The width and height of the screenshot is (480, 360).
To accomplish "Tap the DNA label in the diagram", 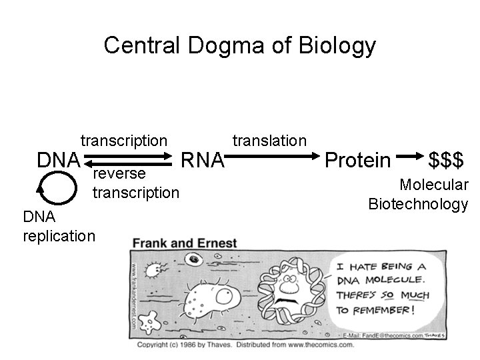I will (x=59, y=160).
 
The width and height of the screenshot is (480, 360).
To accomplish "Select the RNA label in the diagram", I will (x=204, y=160).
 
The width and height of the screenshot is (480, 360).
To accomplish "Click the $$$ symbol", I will (x=447, y=160).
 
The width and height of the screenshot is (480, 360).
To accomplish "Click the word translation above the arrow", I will (x=269, y=141).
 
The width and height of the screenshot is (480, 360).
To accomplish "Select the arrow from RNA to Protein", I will (x=273, y=157).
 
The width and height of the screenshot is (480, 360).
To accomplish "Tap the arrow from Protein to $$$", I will (x=409, y=158).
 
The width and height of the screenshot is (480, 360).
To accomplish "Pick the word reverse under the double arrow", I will (x=119, y=174).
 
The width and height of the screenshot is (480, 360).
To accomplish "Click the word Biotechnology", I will (x=418, y=204).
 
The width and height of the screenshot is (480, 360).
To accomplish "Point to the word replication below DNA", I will (x=59, y=236).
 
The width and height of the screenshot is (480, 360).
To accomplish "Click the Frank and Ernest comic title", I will (x=185, y=243).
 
